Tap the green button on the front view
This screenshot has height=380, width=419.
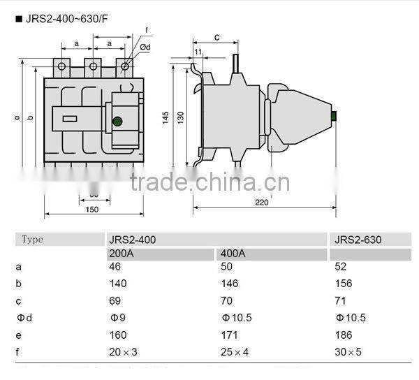pos(117,122)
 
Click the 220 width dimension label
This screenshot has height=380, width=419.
pos(261,203)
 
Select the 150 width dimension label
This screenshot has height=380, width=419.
pos(92,210)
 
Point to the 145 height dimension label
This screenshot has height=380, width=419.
pos(166,118)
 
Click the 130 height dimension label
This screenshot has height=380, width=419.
pos(181,118)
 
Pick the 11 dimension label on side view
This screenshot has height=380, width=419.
pos(198,52)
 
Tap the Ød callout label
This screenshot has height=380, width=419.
pos(146,47)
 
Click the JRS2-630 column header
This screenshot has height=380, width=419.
pos(358,240)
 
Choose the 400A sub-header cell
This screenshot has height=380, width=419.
pos(232,253)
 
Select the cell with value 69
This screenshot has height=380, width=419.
pos(115,300)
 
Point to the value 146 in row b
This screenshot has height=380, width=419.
pos(228,284)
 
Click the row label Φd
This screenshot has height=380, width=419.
pos(24,318)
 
